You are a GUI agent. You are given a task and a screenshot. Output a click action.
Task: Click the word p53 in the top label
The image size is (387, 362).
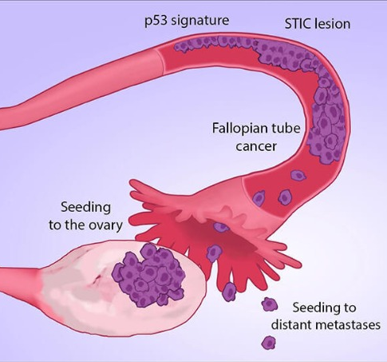coord(156,21)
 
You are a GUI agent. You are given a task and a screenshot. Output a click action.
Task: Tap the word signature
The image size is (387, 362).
coord(199,21)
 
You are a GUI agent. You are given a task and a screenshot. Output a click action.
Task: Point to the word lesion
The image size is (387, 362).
coord(333,24)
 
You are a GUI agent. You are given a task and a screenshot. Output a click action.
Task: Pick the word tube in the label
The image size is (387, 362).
coord(286,128)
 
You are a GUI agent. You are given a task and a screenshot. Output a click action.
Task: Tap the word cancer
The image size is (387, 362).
coord(256,147)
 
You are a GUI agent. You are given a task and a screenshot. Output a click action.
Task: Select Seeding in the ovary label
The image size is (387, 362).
coord(85,208)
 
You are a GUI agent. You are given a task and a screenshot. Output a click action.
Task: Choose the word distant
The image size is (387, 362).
coord(290,325)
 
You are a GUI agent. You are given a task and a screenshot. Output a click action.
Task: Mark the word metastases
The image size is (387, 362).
coord(347,325)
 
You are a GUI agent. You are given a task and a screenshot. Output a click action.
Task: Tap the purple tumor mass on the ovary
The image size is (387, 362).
coord(148,276)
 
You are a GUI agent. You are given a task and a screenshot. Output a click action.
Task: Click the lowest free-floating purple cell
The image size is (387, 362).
coord(268,343)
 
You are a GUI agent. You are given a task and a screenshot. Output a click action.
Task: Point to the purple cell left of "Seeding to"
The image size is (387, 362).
coord(270,304)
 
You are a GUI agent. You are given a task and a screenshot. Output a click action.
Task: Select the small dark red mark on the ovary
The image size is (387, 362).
coord(97,279)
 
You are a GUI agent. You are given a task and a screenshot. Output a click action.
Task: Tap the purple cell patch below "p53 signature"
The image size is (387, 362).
coord(213,44)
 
